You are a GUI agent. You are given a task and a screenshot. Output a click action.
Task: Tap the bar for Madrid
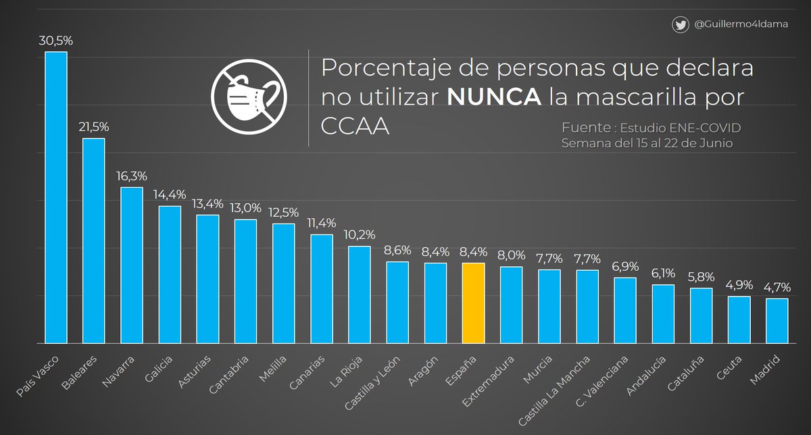point(777,320)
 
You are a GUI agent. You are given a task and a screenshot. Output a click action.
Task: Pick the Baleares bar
point(94,240)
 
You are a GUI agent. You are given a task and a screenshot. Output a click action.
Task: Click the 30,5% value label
point(56,41)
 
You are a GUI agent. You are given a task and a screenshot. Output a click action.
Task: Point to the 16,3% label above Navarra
point(132,176)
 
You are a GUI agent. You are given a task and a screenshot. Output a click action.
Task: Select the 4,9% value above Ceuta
point(739,286)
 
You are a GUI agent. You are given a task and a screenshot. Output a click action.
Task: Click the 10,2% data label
point(360,236)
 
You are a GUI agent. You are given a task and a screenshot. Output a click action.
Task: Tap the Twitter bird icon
point(681,25)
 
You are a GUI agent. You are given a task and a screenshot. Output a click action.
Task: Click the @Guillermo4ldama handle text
point(741,25)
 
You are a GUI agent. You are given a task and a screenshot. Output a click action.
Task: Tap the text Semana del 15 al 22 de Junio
point(647,143)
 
